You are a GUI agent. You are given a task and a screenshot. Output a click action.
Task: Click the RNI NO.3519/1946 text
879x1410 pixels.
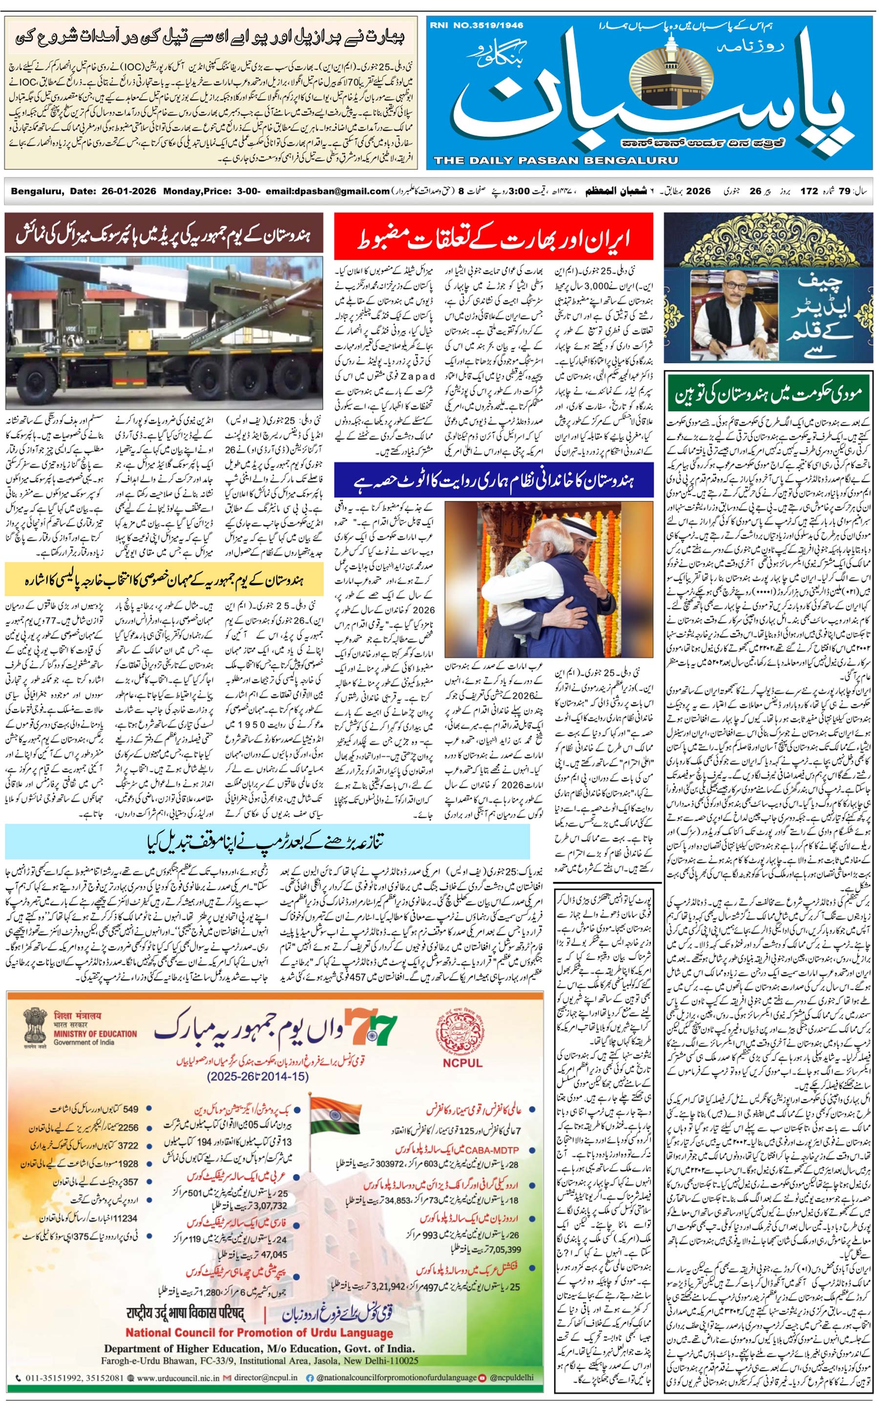(x=476, y=25)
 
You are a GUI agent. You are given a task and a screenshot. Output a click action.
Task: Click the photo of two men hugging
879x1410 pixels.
(x=548, y=578)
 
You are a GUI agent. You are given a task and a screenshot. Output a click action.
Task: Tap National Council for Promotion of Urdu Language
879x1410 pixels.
(x=259, y=1333)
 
